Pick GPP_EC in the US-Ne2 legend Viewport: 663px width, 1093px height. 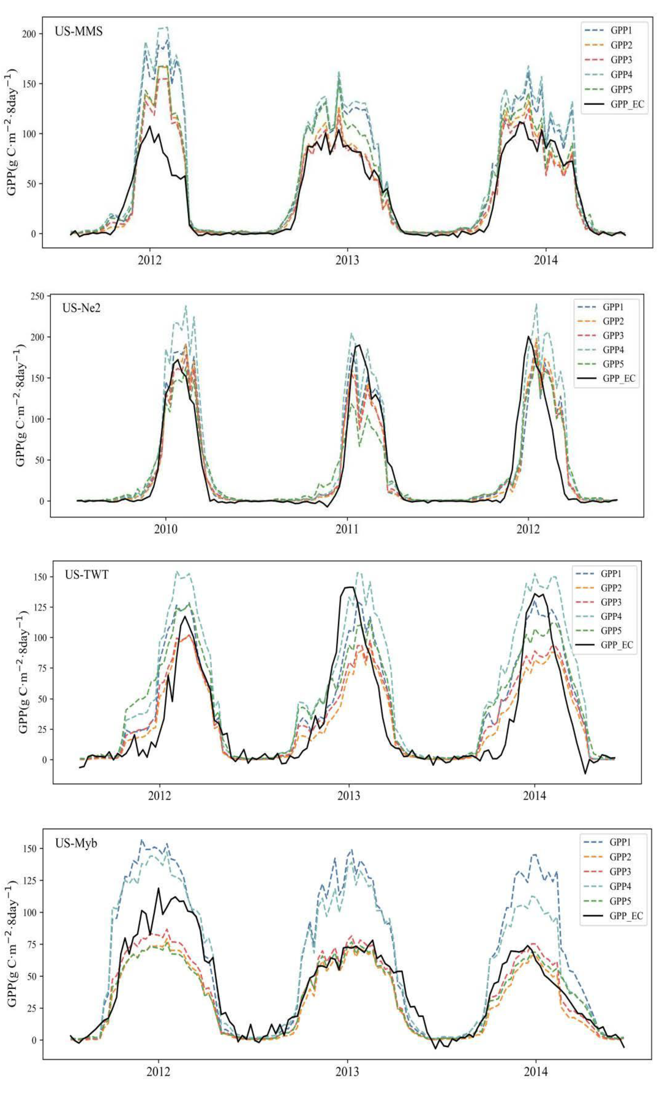point(619,378)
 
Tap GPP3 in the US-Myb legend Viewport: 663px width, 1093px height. point(620,871)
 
